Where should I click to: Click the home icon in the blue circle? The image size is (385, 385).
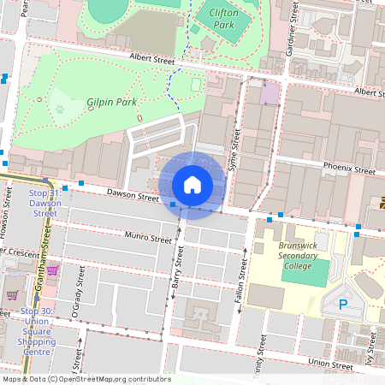192,185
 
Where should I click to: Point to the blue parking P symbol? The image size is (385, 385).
343,304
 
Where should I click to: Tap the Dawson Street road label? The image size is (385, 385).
133,197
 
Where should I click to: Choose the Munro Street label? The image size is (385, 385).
148,240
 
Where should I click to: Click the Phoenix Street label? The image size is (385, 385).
349,169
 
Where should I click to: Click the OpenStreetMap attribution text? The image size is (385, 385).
86,379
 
